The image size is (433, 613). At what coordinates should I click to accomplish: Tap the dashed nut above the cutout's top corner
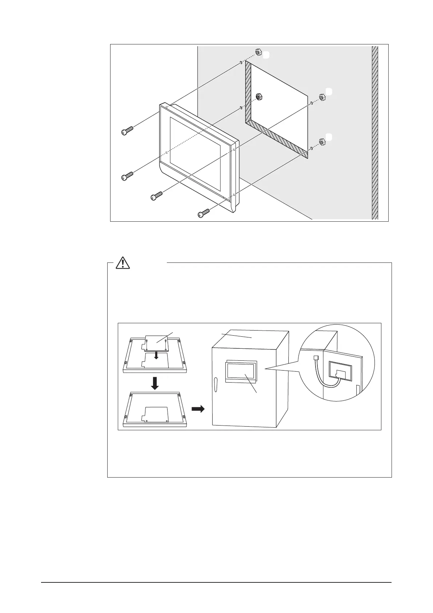coord(258,52)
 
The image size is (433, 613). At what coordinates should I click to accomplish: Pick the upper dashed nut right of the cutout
coord(322,97)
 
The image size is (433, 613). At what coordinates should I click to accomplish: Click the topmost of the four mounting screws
coord(127,131)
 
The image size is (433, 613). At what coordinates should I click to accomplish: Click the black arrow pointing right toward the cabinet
coord(198,409)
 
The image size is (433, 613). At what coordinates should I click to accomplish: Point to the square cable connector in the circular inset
coord(315,358)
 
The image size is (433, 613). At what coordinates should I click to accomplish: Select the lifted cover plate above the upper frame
coord(156,343)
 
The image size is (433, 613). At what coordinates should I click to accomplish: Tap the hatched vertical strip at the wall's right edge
coord(375,133)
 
